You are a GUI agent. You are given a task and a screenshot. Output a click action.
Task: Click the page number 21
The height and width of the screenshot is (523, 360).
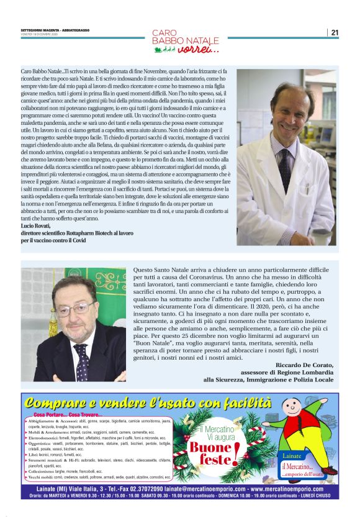click(335, 32)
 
